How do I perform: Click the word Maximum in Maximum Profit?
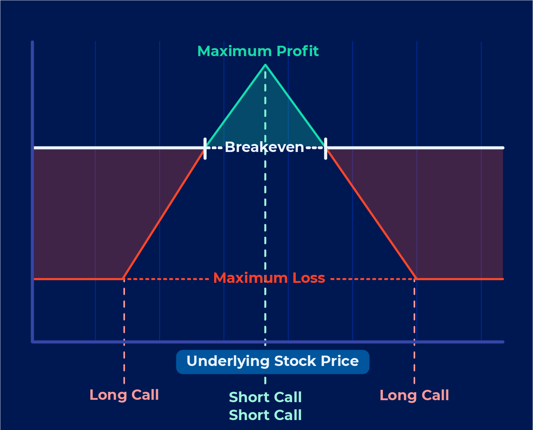[x=234, y=51]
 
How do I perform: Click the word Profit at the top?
[x=298, y=51]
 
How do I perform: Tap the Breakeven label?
[x=264, y=147]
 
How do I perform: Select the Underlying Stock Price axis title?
[x=273, y=362]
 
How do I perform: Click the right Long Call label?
[x=414, y=395]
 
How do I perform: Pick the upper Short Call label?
[x=265, y=397]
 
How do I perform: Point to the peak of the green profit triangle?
[x=265, y=65]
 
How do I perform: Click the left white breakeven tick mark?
[x=205, y=148]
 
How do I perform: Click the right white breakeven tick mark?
[x=326, y=148]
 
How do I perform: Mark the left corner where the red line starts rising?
[x=123, y=279]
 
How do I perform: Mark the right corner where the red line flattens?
[x=416, y=279]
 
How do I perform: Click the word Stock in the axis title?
[x=295, y=361]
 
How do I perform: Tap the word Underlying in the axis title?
[x=228, y=362]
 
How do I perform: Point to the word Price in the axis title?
[x=340, y=361]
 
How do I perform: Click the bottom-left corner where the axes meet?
[x=33, y=342]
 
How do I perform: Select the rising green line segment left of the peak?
[x=236, y=106]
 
